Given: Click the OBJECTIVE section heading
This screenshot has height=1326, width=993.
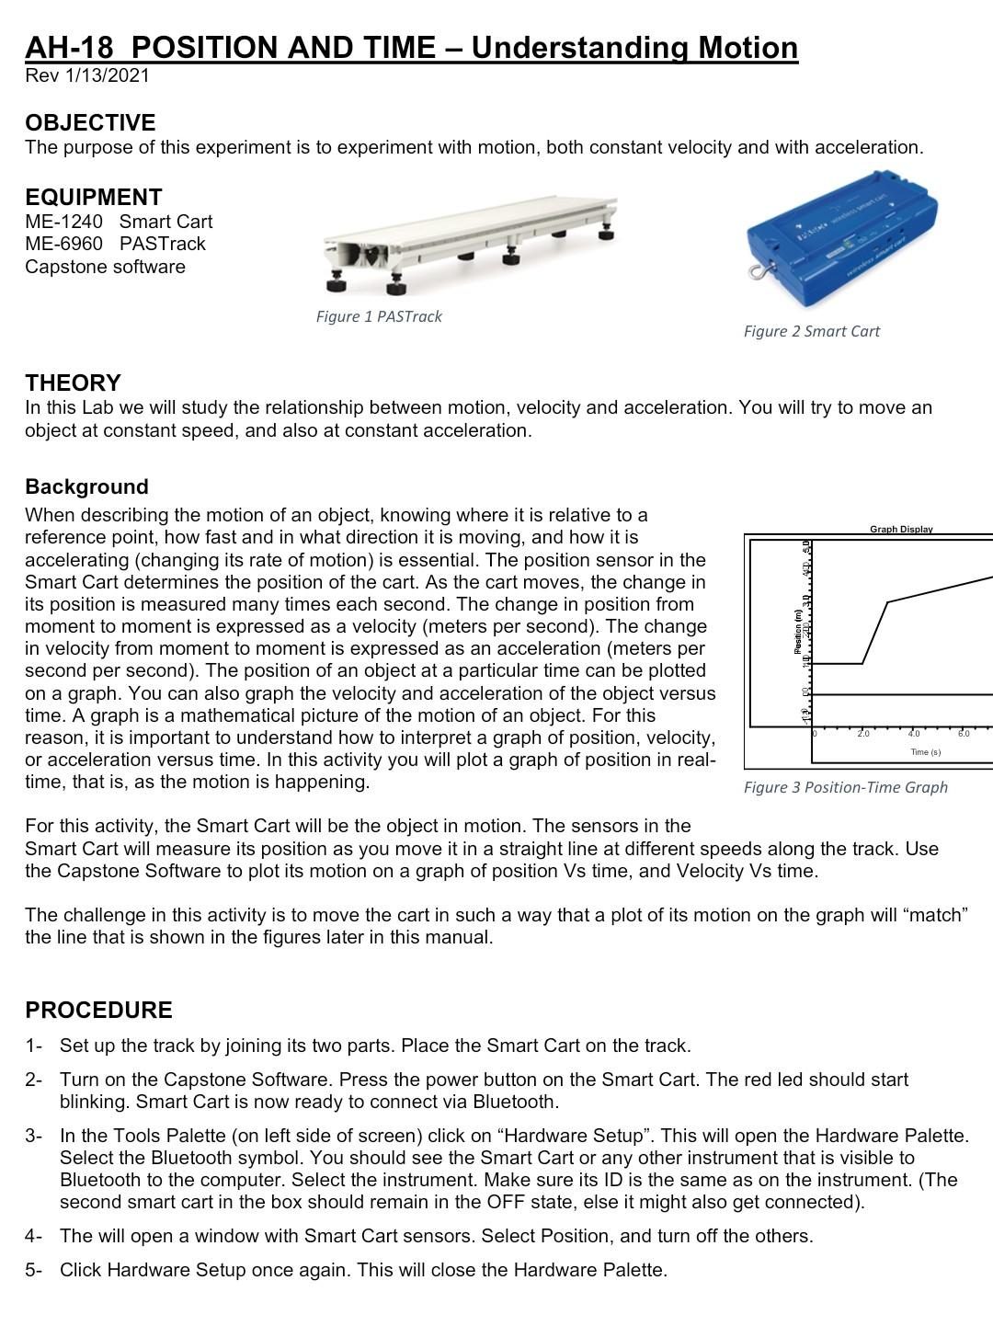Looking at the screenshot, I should (x=90, y=123).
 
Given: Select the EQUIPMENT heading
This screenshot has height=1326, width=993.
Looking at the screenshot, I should (x=94, y=198).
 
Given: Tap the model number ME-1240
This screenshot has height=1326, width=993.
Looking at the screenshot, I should (x=64, y=222).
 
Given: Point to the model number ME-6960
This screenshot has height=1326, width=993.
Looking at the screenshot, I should (x=64, y=244).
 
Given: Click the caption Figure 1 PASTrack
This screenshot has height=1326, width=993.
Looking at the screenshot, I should (x=379, y=316).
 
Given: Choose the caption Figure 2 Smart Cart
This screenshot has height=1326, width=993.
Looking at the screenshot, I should (x=812, y=331).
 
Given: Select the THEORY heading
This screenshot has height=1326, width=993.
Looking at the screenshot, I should (x=74, y=383).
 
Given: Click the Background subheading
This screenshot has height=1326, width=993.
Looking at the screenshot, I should (x=86, y=487).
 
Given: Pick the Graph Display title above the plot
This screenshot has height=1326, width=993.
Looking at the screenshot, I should (x=901, y=529).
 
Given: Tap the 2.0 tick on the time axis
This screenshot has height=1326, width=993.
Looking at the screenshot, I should (x=863, y=734).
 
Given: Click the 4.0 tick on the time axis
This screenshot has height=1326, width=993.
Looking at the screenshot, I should (x=914, y=734).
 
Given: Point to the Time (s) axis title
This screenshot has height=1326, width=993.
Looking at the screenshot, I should (x=925, y=752).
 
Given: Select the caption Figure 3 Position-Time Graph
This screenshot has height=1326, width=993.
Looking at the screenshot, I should (x=846, y=787).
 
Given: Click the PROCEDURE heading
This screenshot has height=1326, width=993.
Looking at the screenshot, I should (x=99, y=1011).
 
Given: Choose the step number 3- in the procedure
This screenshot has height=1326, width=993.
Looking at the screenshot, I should (x=34, y=1136).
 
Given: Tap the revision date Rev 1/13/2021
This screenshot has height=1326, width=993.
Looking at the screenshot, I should (x=87, y=75).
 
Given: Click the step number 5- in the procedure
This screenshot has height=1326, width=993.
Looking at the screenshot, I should (x=34, y=1270).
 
